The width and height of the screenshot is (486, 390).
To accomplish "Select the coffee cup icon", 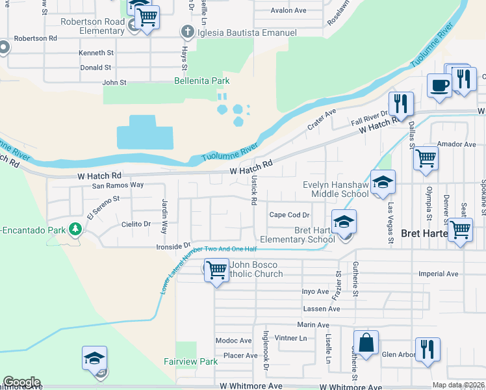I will click(439, 86).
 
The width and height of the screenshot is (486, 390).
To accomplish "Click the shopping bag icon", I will click(366, 343).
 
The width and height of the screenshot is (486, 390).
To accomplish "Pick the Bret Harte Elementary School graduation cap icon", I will click(344, 222).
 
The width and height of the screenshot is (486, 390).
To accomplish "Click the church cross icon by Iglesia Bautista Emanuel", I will click(187, 32).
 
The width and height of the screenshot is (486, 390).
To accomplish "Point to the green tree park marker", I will click(76, 229).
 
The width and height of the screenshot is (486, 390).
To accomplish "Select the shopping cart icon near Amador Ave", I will click(425, 158).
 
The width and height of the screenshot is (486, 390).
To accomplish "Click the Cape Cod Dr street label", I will click(289, 215).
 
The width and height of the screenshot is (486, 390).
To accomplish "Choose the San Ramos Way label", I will click(117, 185).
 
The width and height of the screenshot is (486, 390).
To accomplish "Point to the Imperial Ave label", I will click(439, 274).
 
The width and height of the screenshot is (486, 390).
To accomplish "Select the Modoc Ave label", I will click(233, 341).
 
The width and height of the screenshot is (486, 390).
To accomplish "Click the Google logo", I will click(21, 382).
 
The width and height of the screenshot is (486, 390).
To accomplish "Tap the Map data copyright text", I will click(459, 385).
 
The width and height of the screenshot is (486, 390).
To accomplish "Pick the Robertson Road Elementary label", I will click(93, 26).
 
